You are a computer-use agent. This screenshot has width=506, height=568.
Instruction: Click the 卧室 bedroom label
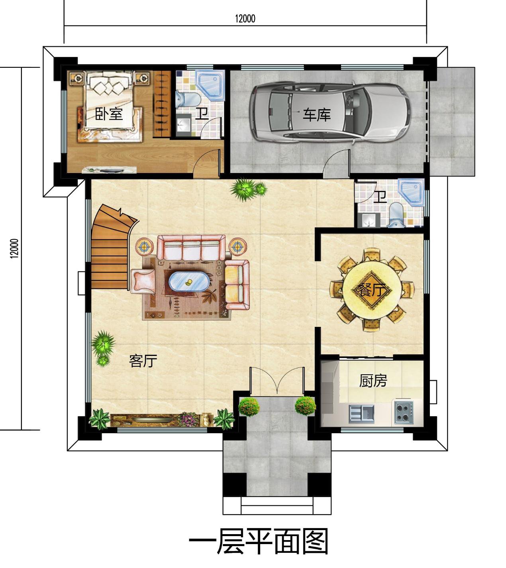pos(109,114)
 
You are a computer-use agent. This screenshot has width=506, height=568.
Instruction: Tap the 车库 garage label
pos(316,115)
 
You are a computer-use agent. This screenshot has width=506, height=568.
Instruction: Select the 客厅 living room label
pos(143,361)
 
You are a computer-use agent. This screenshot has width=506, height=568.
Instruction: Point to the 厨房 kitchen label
pos(373,381)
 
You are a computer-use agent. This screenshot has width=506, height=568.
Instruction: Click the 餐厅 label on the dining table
pos(372,290)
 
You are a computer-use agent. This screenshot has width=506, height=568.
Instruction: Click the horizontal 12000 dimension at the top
pos(245,19)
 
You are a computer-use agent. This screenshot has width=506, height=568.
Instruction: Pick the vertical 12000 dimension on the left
pos(14,248)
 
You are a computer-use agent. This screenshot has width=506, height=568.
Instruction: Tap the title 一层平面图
pos(258,541)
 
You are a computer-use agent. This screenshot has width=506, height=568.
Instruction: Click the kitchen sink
pos(361,413)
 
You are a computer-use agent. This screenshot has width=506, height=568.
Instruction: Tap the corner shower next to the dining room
pos(412,193)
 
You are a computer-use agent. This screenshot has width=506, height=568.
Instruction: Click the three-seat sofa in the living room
pos(191,247)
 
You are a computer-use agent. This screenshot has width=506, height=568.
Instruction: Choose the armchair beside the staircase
pos(143,281)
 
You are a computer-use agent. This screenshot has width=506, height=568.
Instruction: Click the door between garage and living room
pos(336,163)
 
